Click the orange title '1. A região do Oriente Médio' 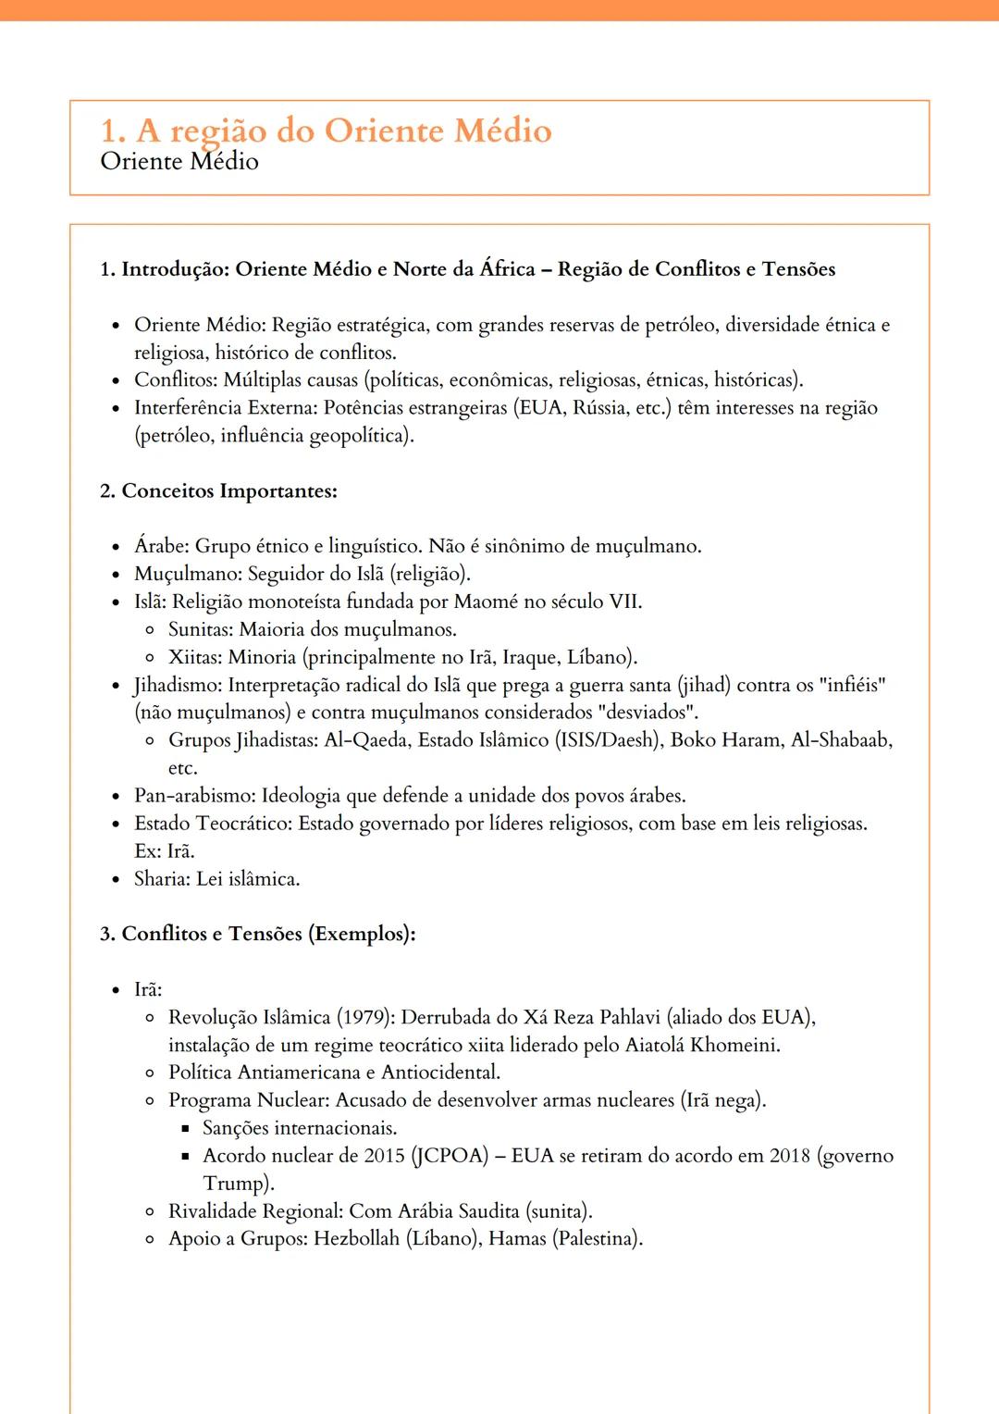tap(326, 130)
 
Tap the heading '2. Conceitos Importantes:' tap(218, 491)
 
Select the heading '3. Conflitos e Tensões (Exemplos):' tap(257, 934)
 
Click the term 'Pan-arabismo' tap(194, 796)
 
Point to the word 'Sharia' tap(162, 879)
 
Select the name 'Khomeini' tap(734, 1046)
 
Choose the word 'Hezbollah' tap(357, 1239)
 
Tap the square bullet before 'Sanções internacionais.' tap(184, 1129)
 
